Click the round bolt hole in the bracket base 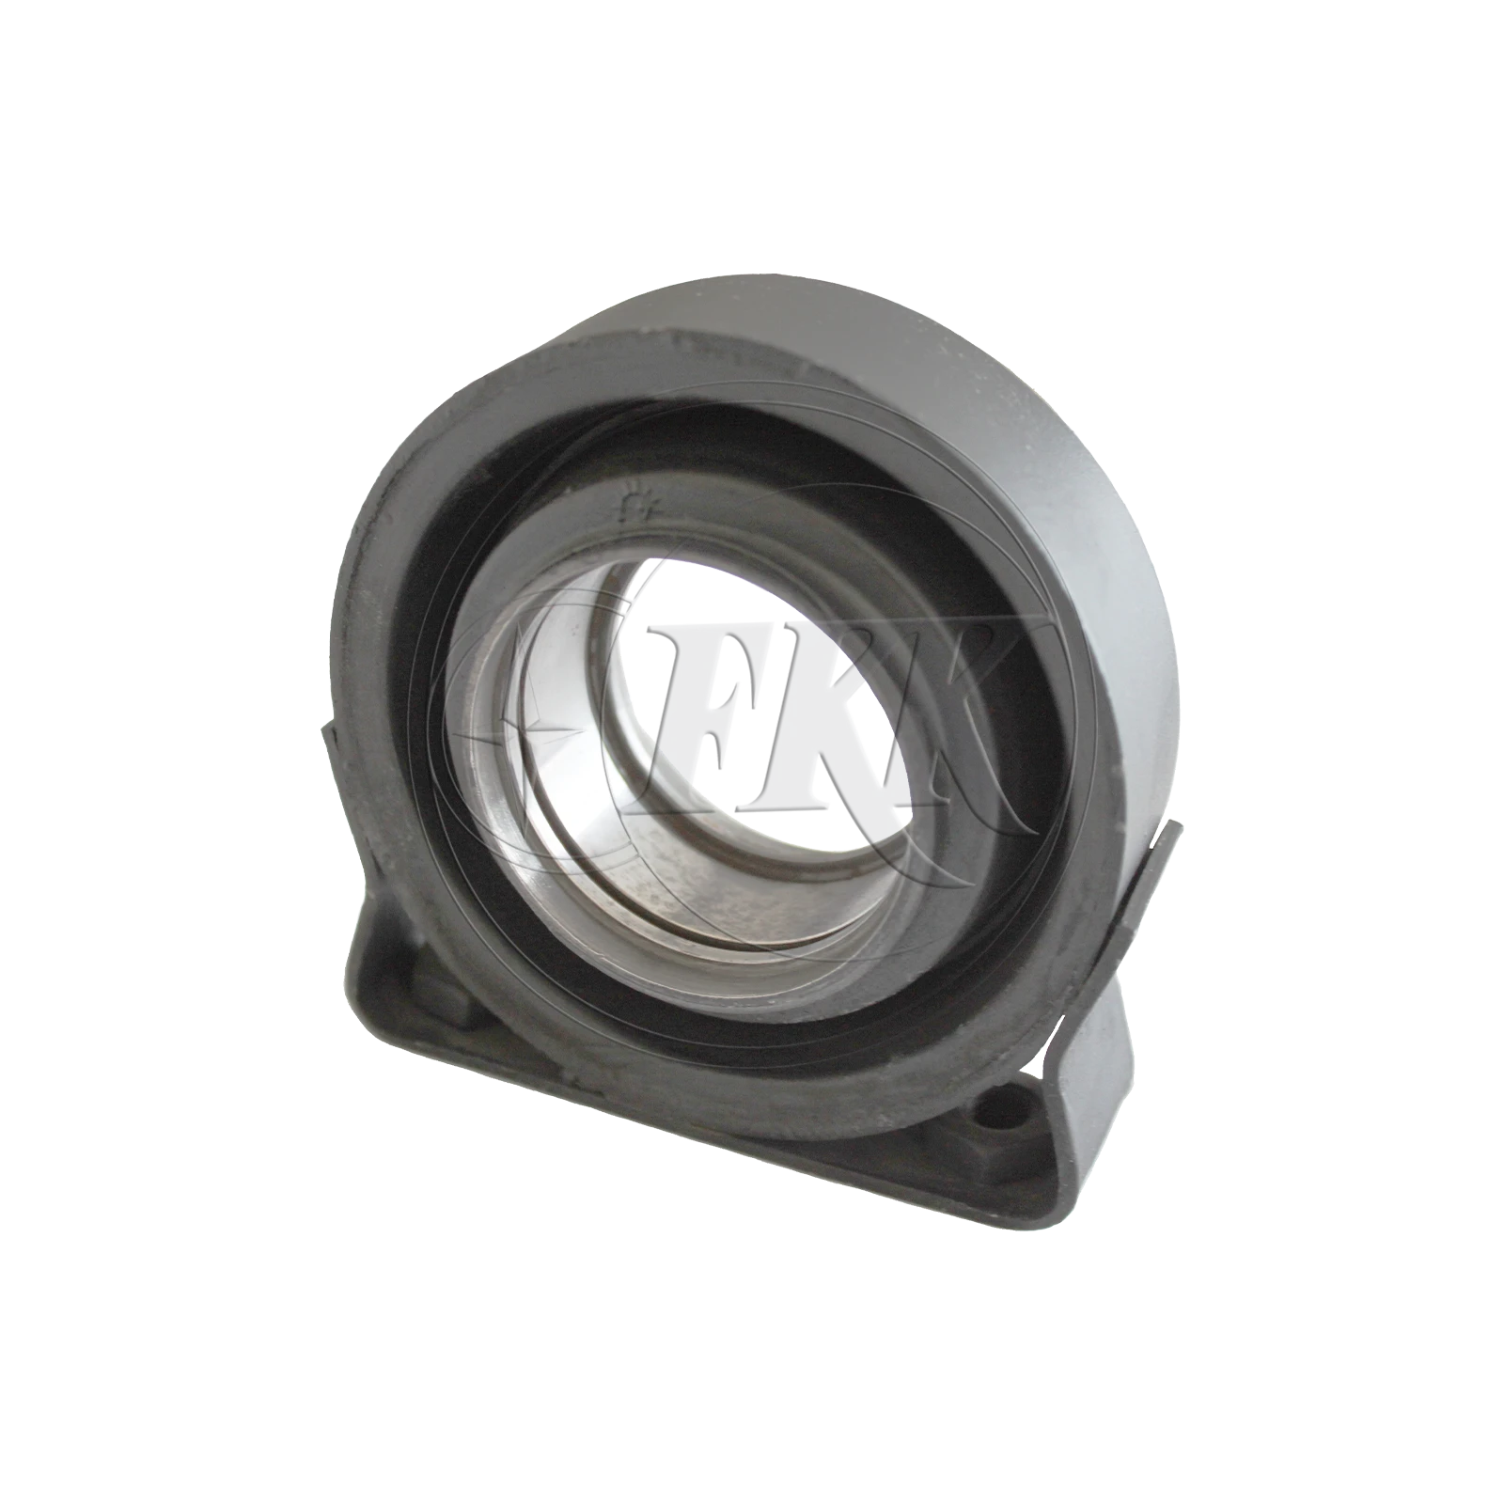1001,1109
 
